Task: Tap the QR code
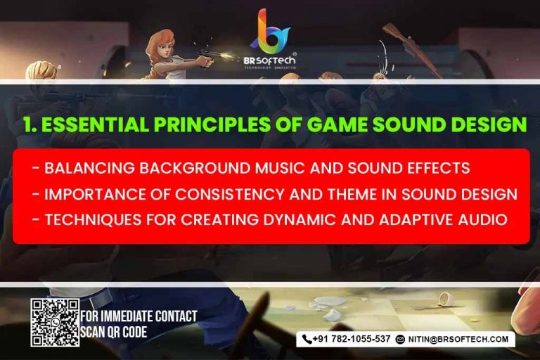[55, 323]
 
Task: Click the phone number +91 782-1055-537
[352, 339]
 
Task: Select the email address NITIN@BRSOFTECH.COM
[458, 340]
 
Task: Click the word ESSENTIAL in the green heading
[96, 124]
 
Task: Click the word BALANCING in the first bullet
[89, 168]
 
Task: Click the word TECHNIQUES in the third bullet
[93, 220]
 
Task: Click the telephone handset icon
[307, 340]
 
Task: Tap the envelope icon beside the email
[400, 340]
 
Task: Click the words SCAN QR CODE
[114, 332]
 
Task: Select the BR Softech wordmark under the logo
[270, 60]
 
